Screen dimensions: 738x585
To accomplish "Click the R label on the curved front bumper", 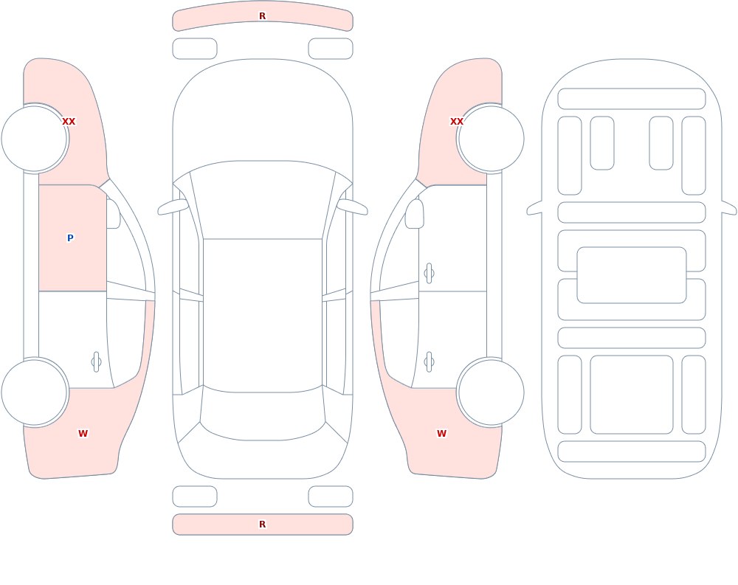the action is pyautogui.click(x=262, y=16).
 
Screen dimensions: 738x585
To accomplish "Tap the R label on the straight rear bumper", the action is pyautogui.click(x=262, y=525).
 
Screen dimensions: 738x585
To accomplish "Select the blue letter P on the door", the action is pyautogui.click(x=70, y=238).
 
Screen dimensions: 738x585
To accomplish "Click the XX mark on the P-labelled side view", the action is pyautogui.click(x=69, y=122).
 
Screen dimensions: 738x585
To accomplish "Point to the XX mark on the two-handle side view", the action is pyautogui.click(x=457, y=122).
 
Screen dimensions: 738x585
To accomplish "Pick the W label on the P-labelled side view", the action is pyautogui.click(x=83, y=434).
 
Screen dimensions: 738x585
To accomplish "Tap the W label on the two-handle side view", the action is pyautogui.click(x=441, y=434).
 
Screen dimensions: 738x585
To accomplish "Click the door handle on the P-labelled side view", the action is pyautogui.click(x=96, y=362).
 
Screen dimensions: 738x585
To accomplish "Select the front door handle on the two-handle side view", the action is pyautogui.click(x=429, y=274).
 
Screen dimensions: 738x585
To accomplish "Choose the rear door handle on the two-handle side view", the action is pyautogui.click(x=429, y=362).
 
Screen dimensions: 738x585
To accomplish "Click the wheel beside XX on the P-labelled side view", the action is pyautogui.click(x=35, y=139).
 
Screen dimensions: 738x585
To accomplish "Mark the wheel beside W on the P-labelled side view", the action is pyautogui.click(x=35, y=392).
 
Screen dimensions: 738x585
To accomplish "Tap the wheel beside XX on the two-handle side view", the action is pyautogui.click(x=491, y=139).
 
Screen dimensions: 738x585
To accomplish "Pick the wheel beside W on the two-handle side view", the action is pyautogui.click(x=491, y=392).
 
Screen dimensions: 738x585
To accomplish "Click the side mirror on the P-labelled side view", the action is pyautogui.click(x=112, y=214).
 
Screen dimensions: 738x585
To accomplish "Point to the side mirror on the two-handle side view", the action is pyautogui.click(x=414, y=214).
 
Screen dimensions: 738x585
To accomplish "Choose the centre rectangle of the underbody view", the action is pyautogui.click(x=632, y=275).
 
